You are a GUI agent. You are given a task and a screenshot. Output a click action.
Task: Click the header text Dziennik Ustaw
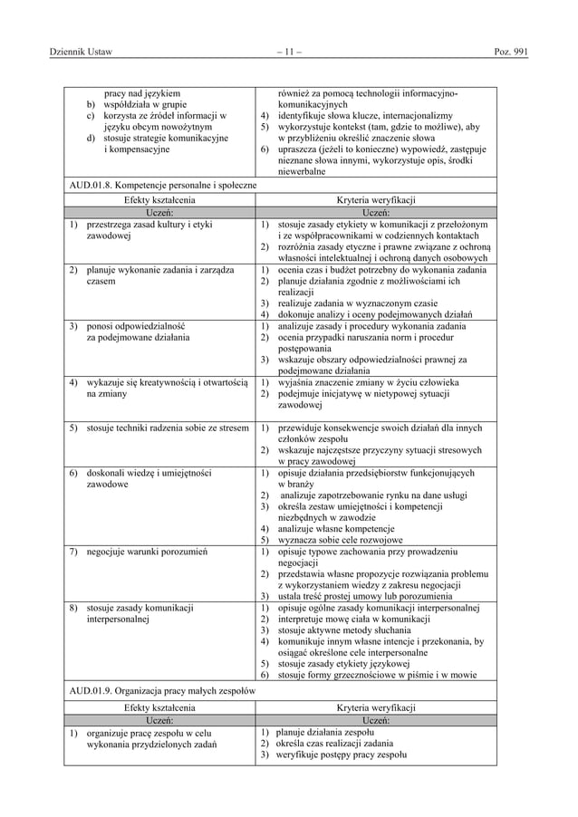[x=80, y=52]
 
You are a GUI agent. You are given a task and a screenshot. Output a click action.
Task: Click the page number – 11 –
[x=288, y=52]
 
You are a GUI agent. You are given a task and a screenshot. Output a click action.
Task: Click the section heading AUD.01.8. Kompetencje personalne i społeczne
[x=161, y=187]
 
